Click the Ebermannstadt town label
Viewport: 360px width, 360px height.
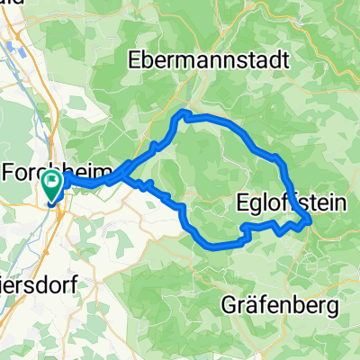pyautogui.click(x=210, y=62)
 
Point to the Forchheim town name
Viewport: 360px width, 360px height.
pyautogui.click(x=56, y=171)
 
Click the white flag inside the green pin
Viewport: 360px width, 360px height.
pyautogui.click(x=51, y=183)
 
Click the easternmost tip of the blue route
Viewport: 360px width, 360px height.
pyautogui.click(x=311, y=219)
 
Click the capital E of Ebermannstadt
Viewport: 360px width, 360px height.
pyautogui.click(x=136, y=62)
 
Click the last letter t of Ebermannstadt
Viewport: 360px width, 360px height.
pyautogui.click(x=284, y=62)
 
